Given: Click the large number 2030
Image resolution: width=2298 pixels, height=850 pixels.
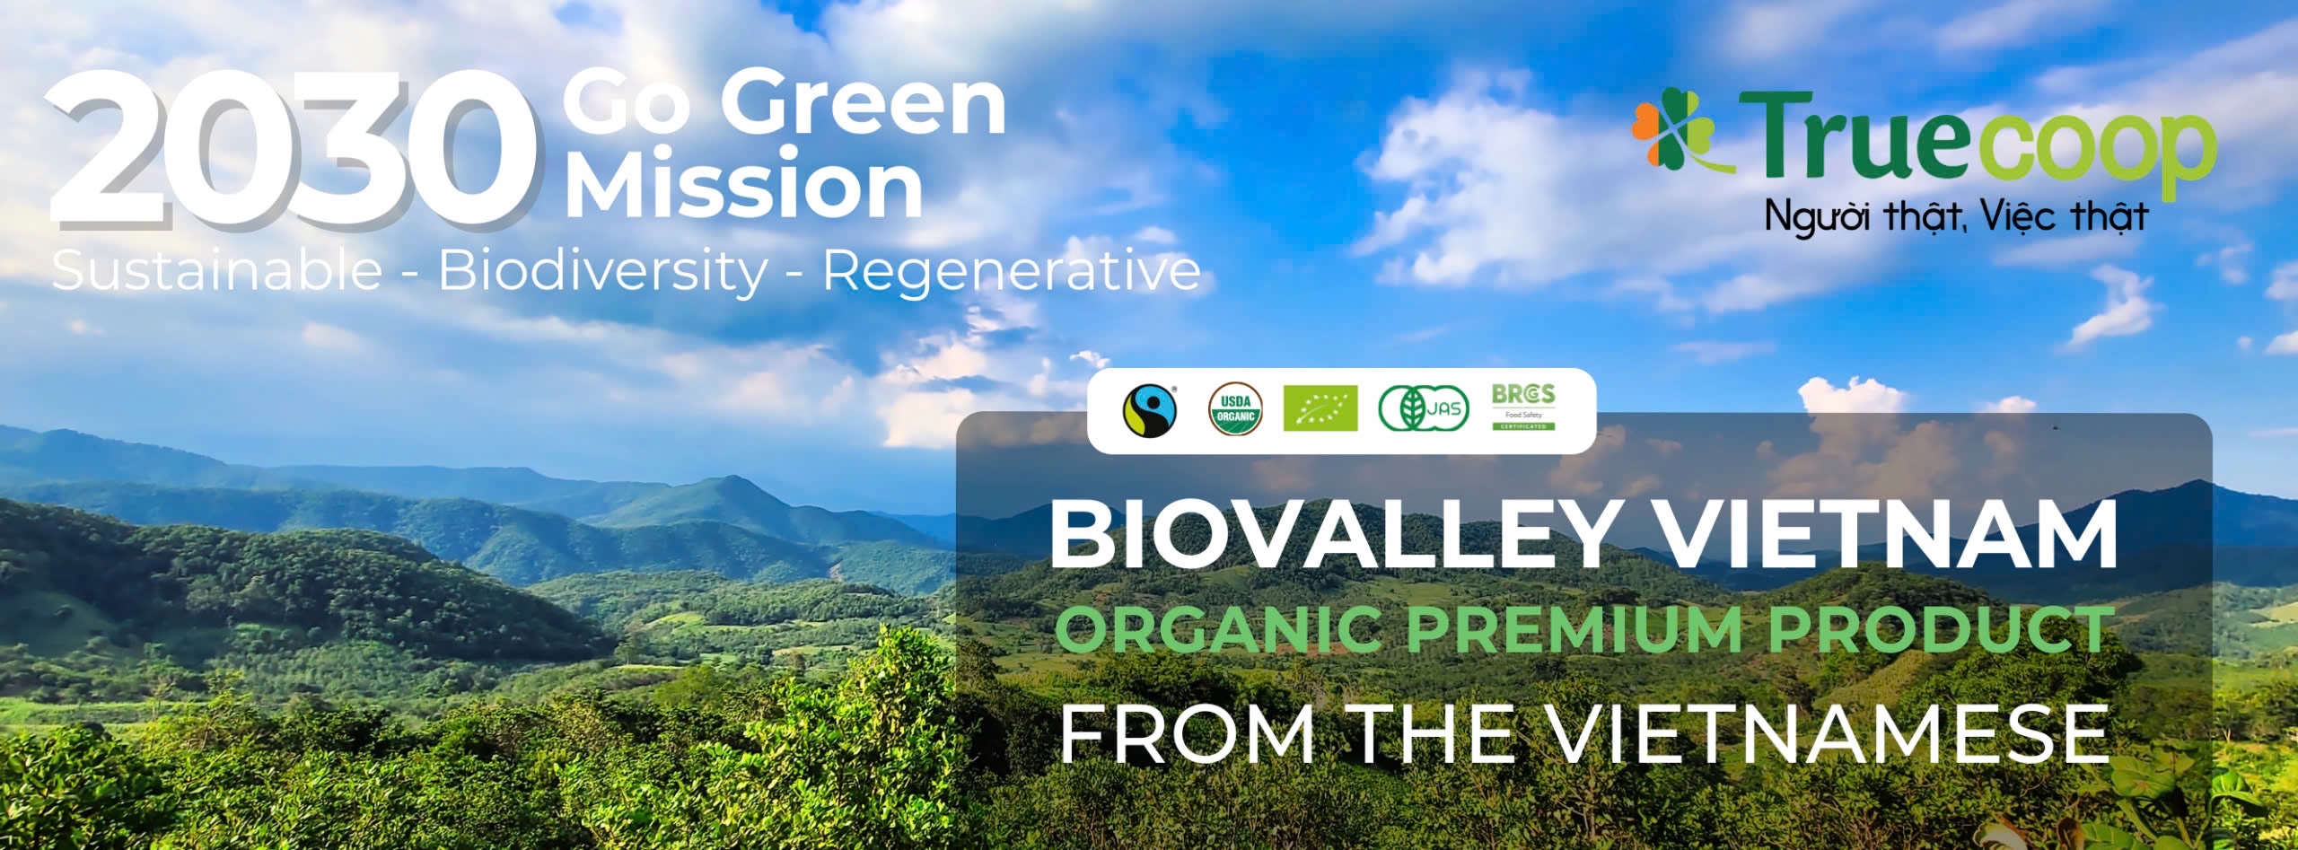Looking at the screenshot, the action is click(x=296, y=147).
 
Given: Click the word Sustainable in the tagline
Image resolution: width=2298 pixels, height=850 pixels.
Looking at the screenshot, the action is click(x=217, y=269).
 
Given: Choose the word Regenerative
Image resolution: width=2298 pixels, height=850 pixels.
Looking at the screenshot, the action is click(x=1012, y=269).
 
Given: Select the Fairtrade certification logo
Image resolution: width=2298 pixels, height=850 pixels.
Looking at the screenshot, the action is click(x=1149, y=410).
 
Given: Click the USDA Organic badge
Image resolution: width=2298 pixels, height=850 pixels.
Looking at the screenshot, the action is click(x=1235, y=409).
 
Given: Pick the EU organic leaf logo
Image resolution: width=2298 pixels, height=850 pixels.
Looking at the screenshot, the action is click(x=1320, y=408).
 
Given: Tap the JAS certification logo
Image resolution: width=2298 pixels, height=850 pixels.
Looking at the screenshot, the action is click(x=1424, y=409).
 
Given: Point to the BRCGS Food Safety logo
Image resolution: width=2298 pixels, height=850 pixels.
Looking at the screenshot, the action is click(x=1523, y=407).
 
